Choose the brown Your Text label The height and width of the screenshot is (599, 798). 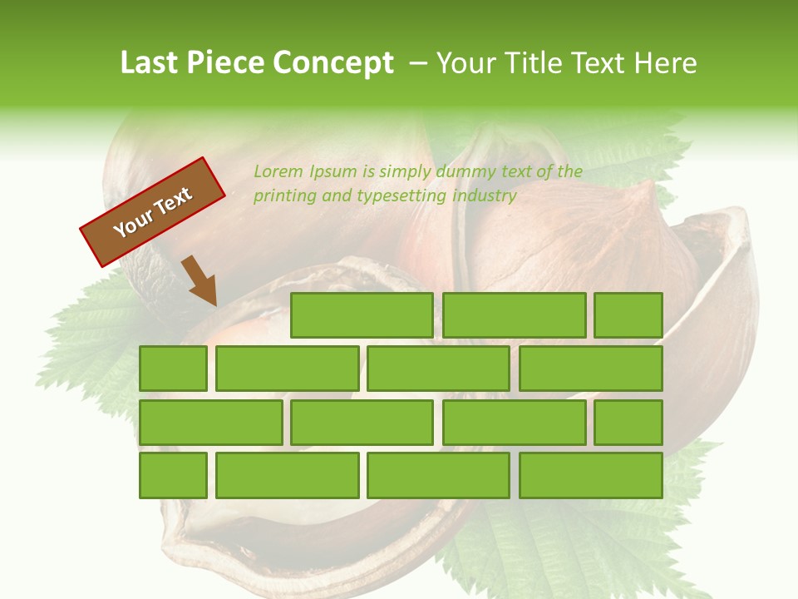pyautogui.click(x=153, y=212)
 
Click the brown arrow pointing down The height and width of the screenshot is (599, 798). pyautogui.click(x=199, y=281)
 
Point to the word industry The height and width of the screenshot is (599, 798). pyautogui.click(x=485, y=196)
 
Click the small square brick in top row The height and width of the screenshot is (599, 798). pyautogui.click(x=628, y=315)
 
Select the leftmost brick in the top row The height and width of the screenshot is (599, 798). pyautogui.click(x=362, y=315)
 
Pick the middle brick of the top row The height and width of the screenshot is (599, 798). pyautogui.click(x=514, y=315)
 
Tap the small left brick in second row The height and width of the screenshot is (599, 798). pyautogui.click(x=173, y=369)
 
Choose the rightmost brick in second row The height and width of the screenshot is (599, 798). pyautogui.click(x=591, y=369)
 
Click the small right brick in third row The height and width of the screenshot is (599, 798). pyautogui.click(x=628, y=422)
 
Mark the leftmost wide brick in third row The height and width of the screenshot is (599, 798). pyautogui.click(x=211, y=422)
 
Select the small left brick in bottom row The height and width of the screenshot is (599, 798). pyautogui.click(x=173, y=475)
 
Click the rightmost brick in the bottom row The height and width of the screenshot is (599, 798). pyautogui.click(x=591, y=475)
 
